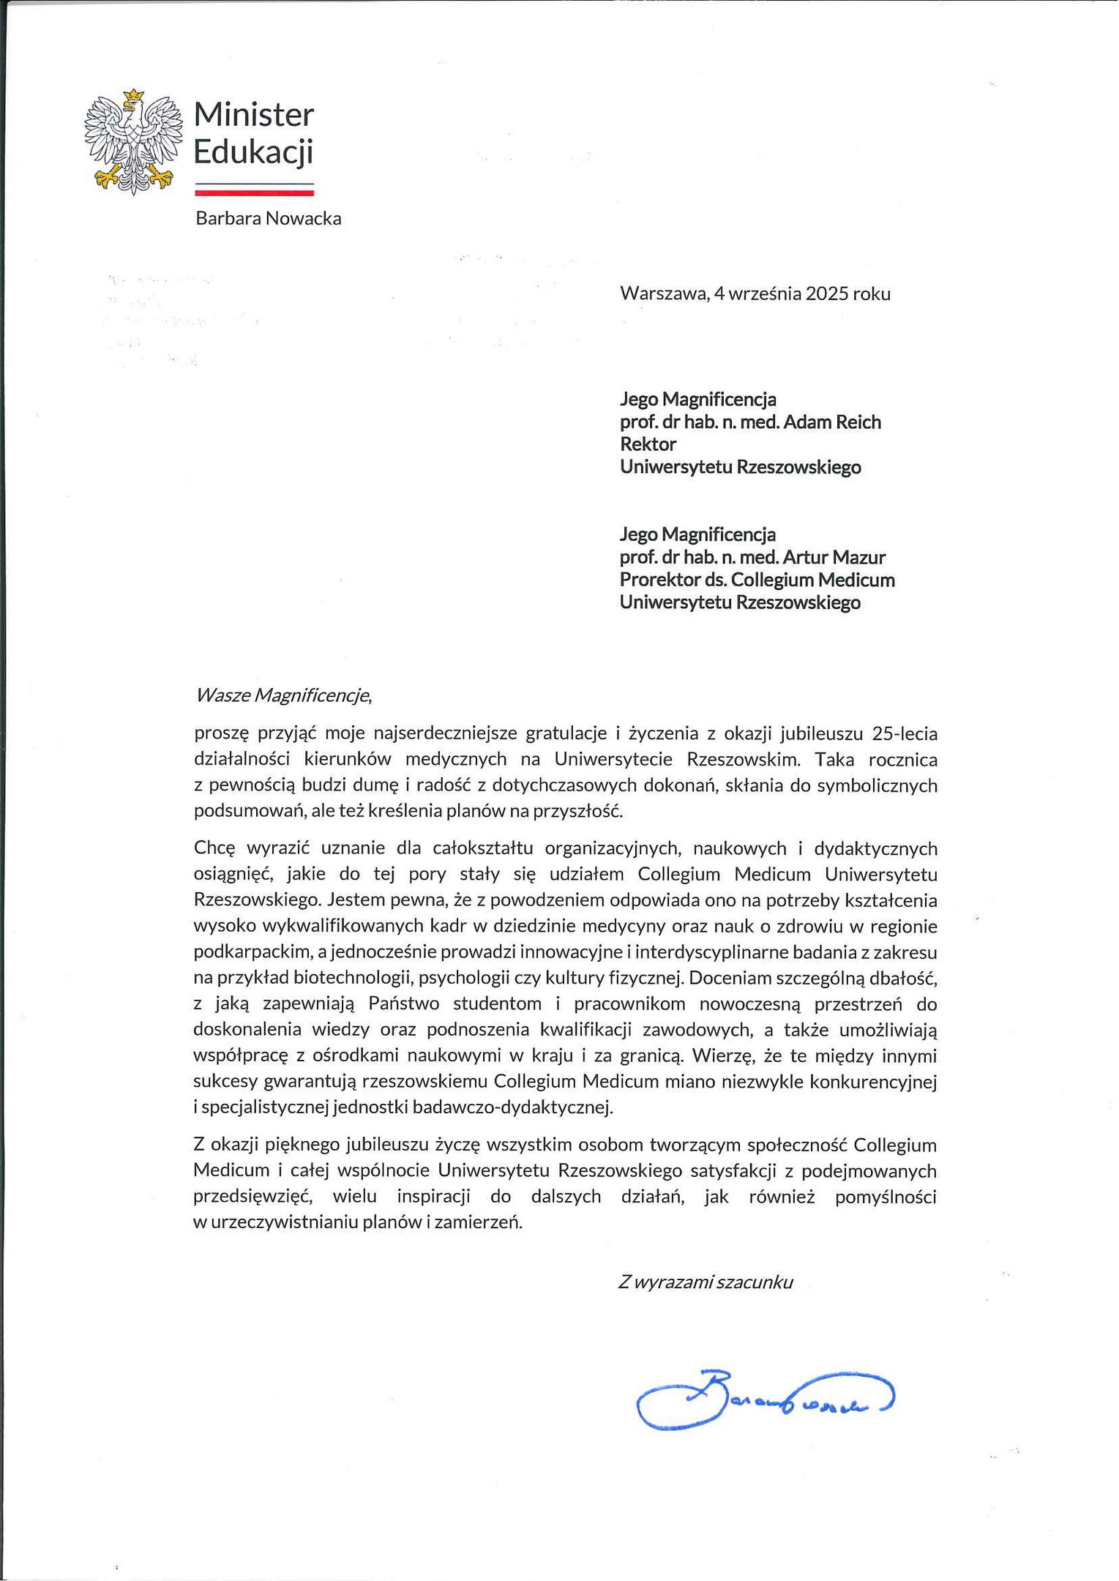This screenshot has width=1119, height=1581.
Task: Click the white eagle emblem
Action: [x=132, y=143]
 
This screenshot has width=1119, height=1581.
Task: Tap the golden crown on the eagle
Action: [x=133, y=96]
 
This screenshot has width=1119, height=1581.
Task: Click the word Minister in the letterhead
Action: [x=254, y=115]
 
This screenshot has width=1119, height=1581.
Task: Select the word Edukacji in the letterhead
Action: [x=253, y=152]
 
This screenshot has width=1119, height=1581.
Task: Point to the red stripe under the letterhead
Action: [x=254, y=193]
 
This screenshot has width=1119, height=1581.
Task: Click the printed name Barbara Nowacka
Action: [x=268, y=219]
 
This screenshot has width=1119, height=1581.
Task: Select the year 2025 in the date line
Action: [x=826, y=294]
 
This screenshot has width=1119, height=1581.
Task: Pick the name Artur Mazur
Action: [x=834, y=558]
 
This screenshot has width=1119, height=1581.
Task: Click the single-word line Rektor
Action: [x=648, y=444]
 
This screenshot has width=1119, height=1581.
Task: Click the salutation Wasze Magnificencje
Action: [x=283, y=695]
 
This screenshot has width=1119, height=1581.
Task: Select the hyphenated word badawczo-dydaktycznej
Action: [x=512, y=1107]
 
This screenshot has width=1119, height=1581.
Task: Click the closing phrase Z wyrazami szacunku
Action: [x=706, y=1282]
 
